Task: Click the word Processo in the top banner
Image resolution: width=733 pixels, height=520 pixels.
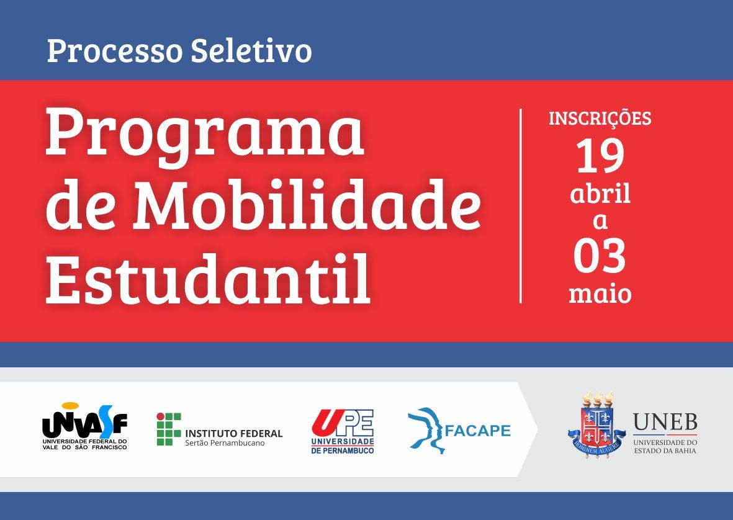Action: (114, 51)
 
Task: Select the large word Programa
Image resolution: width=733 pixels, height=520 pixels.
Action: (204, 134)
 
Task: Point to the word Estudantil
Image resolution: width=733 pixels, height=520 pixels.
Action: (208, 278)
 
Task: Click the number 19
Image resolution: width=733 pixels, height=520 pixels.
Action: (600, 156)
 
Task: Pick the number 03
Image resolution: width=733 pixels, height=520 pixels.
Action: (600, 256)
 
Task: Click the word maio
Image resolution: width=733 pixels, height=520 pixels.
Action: (600, 294)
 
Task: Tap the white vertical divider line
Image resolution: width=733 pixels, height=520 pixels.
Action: (520, 206)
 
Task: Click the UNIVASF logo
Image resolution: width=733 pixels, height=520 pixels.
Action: (84, 426)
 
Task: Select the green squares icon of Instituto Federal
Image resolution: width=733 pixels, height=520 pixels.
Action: (169, 429)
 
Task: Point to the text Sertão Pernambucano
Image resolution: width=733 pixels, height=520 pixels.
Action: (225, 443)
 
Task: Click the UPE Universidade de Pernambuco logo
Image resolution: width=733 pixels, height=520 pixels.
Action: (343, 431)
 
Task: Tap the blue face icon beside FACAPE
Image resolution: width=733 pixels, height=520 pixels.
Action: (425, 430)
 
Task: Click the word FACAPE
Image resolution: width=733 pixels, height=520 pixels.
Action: (477, 430)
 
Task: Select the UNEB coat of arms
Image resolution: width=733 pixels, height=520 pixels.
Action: (596, 424)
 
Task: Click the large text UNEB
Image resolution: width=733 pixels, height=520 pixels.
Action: (665, 423)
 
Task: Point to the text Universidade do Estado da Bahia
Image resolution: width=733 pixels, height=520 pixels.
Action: (665, 446)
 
